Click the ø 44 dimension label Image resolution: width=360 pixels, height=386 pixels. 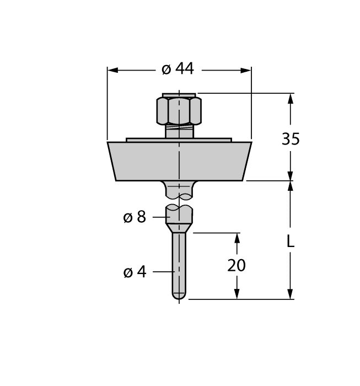178,69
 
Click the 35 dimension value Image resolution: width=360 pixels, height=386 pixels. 291,139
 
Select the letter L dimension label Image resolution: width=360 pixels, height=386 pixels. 291,241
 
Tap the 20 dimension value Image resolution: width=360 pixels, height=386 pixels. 237,266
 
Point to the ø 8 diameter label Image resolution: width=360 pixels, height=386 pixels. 135,217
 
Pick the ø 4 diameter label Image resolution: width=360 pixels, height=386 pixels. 135,272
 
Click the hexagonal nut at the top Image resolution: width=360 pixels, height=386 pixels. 179,110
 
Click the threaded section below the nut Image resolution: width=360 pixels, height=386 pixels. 179,131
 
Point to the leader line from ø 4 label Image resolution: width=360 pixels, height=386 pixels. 163,271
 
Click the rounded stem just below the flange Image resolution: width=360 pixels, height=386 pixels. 179,189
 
